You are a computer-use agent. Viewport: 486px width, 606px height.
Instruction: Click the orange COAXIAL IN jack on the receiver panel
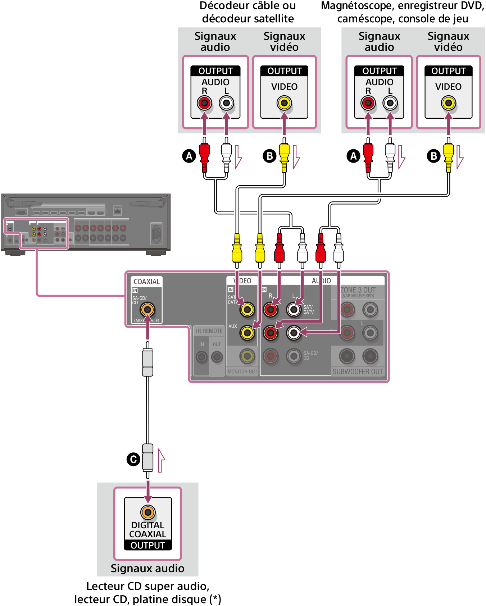tap(147, 309)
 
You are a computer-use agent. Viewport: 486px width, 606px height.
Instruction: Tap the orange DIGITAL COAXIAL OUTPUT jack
tap(147, 512)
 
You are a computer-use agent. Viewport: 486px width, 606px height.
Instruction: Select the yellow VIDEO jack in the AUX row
tap(247, 333)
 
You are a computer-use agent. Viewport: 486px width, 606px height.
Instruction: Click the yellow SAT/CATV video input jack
tap(247, 309)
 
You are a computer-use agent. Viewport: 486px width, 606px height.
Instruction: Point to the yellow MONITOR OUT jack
tap(247, 356)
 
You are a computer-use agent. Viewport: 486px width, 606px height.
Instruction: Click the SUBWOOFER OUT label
tap(358, 372)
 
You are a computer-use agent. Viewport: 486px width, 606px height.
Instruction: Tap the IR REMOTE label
tap(209, 331)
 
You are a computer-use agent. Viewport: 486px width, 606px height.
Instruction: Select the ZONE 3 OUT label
tap(358, 290)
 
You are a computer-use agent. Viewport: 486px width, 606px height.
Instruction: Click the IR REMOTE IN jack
tap(201, 357)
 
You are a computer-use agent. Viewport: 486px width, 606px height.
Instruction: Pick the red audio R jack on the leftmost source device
tap(204, 103)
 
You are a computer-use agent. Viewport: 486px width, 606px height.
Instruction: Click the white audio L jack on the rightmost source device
tap(390, 103)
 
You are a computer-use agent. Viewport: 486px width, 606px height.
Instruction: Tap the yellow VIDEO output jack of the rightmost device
tap(448, 103)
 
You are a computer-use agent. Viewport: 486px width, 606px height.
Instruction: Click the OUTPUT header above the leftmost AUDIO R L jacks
tap(215, 71)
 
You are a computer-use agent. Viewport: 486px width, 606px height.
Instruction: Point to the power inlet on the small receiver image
tap(156, 234)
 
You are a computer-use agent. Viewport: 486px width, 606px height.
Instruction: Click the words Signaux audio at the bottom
tap(147, 568)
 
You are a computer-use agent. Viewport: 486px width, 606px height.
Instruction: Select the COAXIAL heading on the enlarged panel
tap(146, 282)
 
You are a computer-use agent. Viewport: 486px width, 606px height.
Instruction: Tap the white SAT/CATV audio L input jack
tap(294, 309)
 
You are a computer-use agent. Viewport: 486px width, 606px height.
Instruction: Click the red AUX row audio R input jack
tap(271, 333)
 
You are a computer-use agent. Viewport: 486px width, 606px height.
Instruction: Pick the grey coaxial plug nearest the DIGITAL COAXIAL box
tap(147, 457)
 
